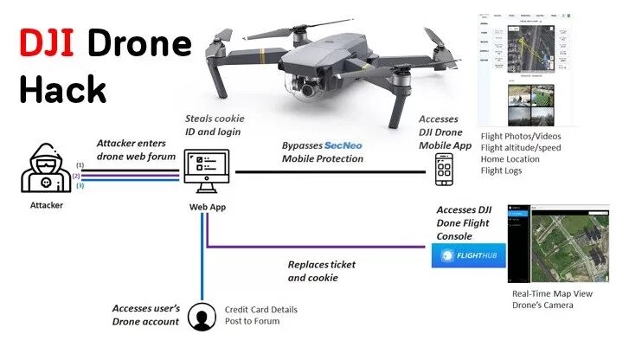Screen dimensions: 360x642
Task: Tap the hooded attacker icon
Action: (x=41, y=170)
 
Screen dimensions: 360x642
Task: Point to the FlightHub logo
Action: (x=468, y=255)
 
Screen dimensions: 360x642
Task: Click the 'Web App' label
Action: (x=208, y=208)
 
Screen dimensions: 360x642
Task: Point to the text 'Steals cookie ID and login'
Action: (x=215, y=124)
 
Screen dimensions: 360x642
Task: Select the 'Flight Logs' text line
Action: (x=503, y=171)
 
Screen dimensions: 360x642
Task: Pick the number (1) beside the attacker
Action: (x=80, y=164)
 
